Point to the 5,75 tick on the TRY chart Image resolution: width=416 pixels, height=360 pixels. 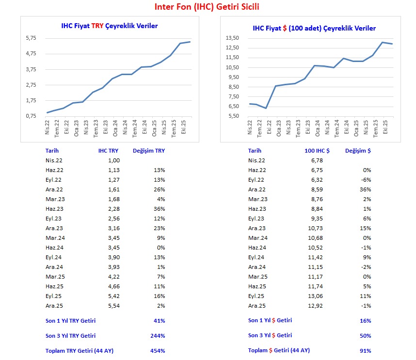tap(31, 38)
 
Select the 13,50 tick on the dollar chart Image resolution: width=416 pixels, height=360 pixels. tap(232, 38)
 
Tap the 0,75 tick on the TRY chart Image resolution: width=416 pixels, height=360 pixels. tap(31, 116)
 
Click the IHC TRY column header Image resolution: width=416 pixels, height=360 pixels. tap(108, 151)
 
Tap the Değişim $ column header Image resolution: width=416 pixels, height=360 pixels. tap(358, 151)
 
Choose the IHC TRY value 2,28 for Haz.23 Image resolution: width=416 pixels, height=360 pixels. tap(113, 209)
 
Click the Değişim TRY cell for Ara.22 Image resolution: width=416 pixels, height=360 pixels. tap(159, 189)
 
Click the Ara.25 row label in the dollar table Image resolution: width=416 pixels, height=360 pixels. tap(257, 306)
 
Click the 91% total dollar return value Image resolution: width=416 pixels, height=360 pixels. tap(366, 351)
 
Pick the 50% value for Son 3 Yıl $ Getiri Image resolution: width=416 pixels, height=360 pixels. tap(366, 336)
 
